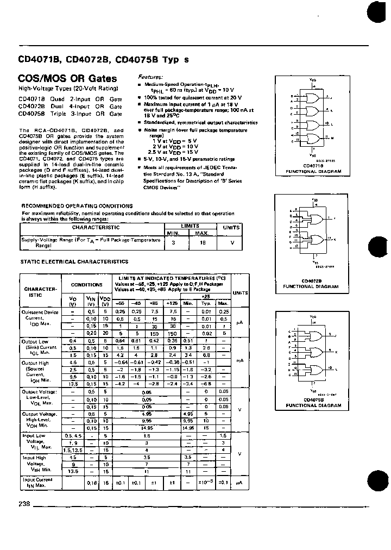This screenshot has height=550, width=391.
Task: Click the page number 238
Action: pyautogui.click(x=24, y=503)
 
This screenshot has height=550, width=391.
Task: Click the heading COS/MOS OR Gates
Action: pyautogui.click(x=60, y=79)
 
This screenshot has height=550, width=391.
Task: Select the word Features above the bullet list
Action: pyautogui.click(x=150, y=77)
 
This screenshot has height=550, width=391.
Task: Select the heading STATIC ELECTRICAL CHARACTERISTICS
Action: pyautogui.click(x=74, y=261)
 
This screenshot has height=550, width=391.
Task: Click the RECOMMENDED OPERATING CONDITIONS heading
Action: pyautogui.click(x=77, y=206)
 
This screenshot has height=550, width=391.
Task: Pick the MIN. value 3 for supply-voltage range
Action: pyautogui.click(x=173, y=242)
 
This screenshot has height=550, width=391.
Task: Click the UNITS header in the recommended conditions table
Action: pyautogui.click(x=232, y=228)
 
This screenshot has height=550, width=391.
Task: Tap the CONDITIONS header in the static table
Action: pyautogui.click(x=86, y=284)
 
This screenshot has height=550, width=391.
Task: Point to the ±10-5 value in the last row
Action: pyautogui.click(x=204, y=482)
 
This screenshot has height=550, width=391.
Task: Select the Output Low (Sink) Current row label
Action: pyautogui.click(x=39, y=347)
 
